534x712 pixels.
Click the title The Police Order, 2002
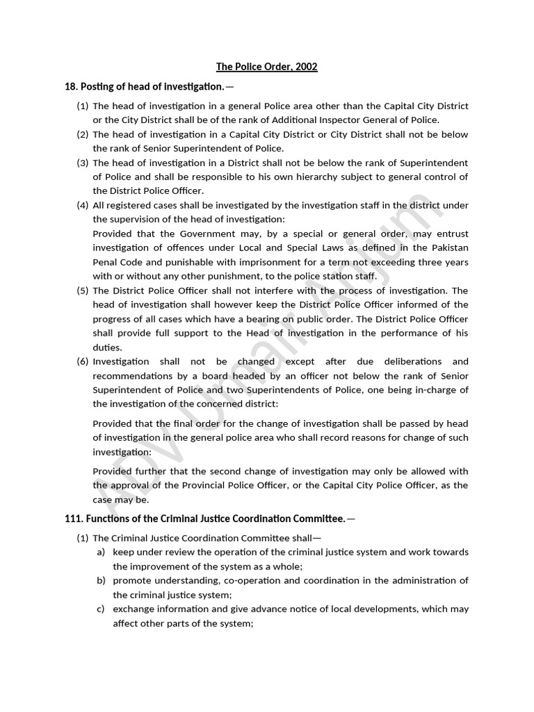pyautogui.click(x=267, y=67)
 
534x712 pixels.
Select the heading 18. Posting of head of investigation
pyautogui.click(x=144, y=86)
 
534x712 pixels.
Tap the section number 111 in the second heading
pyautogui.click(x=72, y=518)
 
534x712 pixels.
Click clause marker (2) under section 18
pyautogui.click(x=83, y=134)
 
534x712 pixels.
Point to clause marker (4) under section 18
pyautogui.click(x=83, y=205)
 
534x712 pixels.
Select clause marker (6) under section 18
pyautogui.click(x=83, y=361)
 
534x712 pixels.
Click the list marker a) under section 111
pyautogui.click(x=101, y=551)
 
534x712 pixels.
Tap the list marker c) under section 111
pyautogui.click(x=101, y=608)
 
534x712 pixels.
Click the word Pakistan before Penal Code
pyautogui.click(x=448, y=248)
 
